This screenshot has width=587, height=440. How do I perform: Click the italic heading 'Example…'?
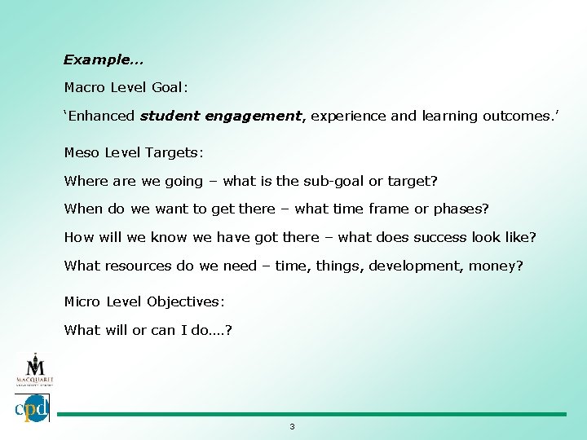104,59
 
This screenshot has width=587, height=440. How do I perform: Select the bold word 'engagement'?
254,116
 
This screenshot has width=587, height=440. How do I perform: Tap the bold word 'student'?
170,116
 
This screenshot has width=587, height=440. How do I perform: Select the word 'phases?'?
461,209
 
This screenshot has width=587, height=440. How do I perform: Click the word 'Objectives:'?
186,301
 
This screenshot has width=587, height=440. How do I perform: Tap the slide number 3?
292,427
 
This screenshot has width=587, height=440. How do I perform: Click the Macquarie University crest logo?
33,368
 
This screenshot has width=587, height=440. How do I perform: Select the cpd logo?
32,407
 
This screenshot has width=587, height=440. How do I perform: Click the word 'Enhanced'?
101,116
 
